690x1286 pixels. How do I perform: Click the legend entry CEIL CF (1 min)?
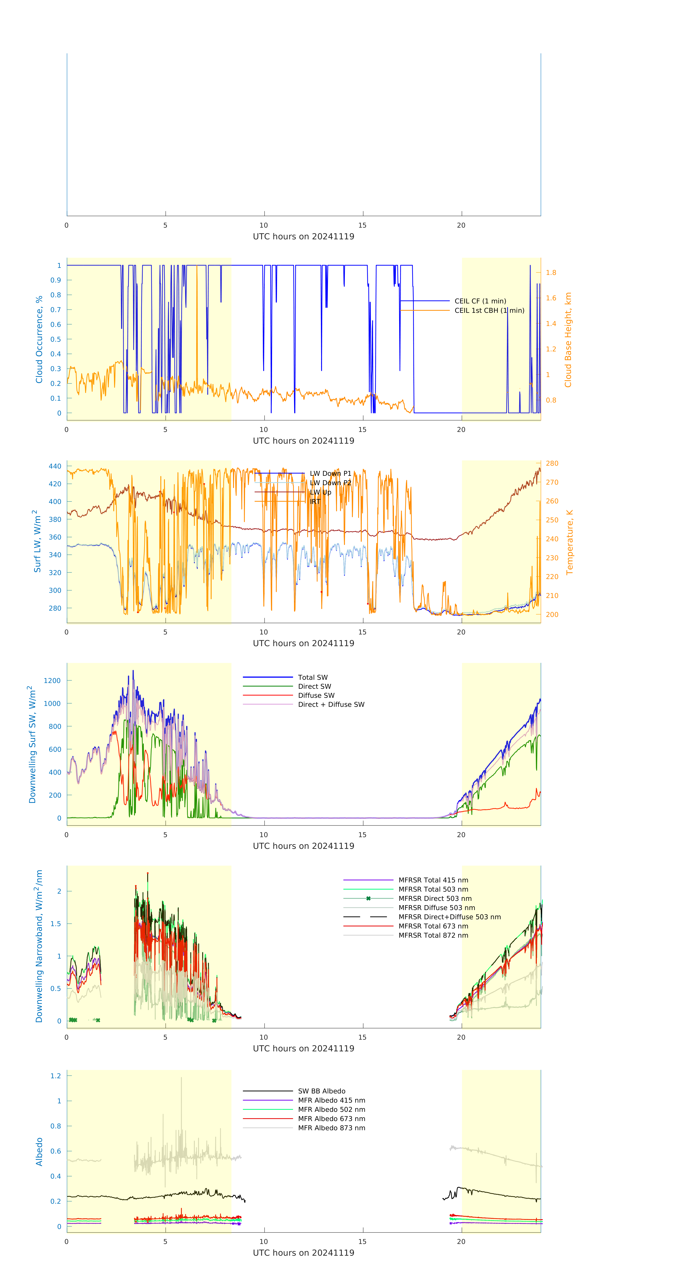click(x=480, y=301)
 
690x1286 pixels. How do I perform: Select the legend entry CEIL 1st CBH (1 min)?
click(x=489, y=310)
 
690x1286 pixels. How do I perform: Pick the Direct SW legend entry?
click(x=314, y=686)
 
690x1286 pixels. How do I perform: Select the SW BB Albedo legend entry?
click(x=321, y=1091)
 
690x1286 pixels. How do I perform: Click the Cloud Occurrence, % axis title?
click(x=39, y=340)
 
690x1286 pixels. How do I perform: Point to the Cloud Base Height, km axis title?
click(x=568, y=340)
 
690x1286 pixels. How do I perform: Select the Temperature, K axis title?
click(x=569, y=542)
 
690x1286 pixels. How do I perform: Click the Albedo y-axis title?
click(x=39, y=1152)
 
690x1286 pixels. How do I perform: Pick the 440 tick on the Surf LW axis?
click(x=55, y=466)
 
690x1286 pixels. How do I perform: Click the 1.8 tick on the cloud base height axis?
click(x=551, y=273)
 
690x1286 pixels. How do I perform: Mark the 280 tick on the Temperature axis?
click(x=552, y=463)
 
